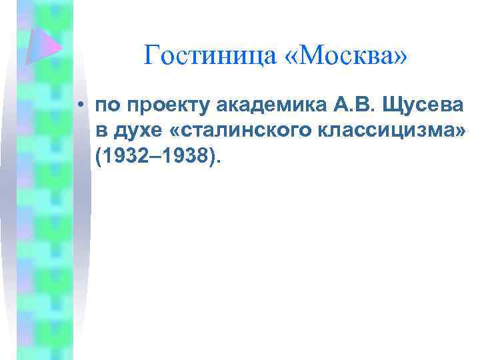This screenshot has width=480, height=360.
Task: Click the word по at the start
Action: tap(107, 106)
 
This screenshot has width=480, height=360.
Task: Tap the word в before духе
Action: tap(101, 133)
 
